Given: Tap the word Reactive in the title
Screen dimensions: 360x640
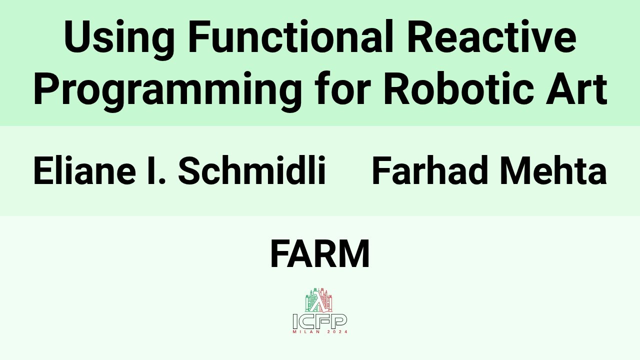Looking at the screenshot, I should pos(491,38).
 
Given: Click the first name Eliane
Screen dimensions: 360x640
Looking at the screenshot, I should pos(84,170).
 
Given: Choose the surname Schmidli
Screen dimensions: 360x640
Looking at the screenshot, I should pos(251,170).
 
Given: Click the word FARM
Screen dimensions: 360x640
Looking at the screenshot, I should pos(320,254).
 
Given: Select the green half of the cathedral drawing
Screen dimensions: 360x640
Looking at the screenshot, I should pos(311,301).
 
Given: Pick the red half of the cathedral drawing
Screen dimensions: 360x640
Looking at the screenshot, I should pos(327,301).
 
